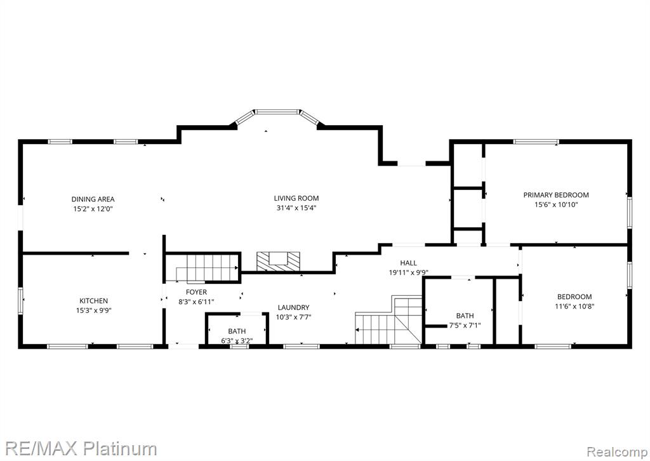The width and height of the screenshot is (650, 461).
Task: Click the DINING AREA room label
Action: (x=93, y=199)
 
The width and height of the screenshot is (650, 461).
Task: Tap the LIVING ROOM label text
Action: (x=296, y=199)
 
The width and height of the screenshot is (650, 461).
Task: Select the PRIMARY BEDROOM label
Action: (x=556, y=195)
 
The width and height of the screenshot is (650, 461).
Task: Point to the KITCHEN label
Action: (x=94, y=301)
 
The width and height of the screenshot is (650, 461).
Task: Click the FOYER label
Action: (x=197, y=292)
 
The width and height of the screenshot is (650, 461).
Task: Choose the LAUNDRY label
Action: (x=293, y=307)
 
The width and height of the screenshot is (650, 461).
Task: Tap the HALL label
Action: (x=408, y=263)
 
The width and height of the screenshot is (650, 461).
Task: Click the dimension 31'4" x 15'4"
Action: (x=296, y=208)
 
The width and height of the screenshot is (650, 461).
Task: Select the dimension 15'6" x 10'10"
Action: (x=556, y=204)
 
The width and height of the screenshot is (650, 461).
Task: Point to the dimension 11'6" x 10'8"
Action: (x=574, y=306)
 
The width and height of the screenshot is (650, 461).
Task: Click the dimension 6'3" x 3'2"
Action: (x=237, y=341)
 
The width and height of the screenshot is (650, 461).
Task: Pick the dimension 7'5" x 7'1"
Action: (x=465, y=326)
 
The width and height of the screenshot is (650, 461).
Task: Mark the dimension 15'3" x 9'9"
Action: (x=94, y=311)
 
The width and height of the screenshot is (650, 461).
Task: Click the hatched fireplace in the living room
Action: (x=278, y=261)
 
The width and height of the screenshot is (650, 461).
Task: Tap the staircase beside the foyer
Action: (x=207, y=268)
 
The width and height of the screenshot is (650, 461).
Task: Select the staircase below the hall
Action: (x=388, y=320)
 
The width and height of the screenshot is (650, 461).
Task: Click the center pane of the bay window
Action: (x=277, y=112)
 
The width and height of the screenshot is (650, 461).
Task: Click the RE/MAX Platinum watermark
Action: (x=81, y=449)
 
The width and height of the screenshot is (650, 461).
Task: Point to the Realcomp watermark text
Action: (x=616, y=451)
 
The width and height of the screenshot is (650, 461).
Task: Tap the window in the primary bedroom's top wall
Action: (x=536, y=142)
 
